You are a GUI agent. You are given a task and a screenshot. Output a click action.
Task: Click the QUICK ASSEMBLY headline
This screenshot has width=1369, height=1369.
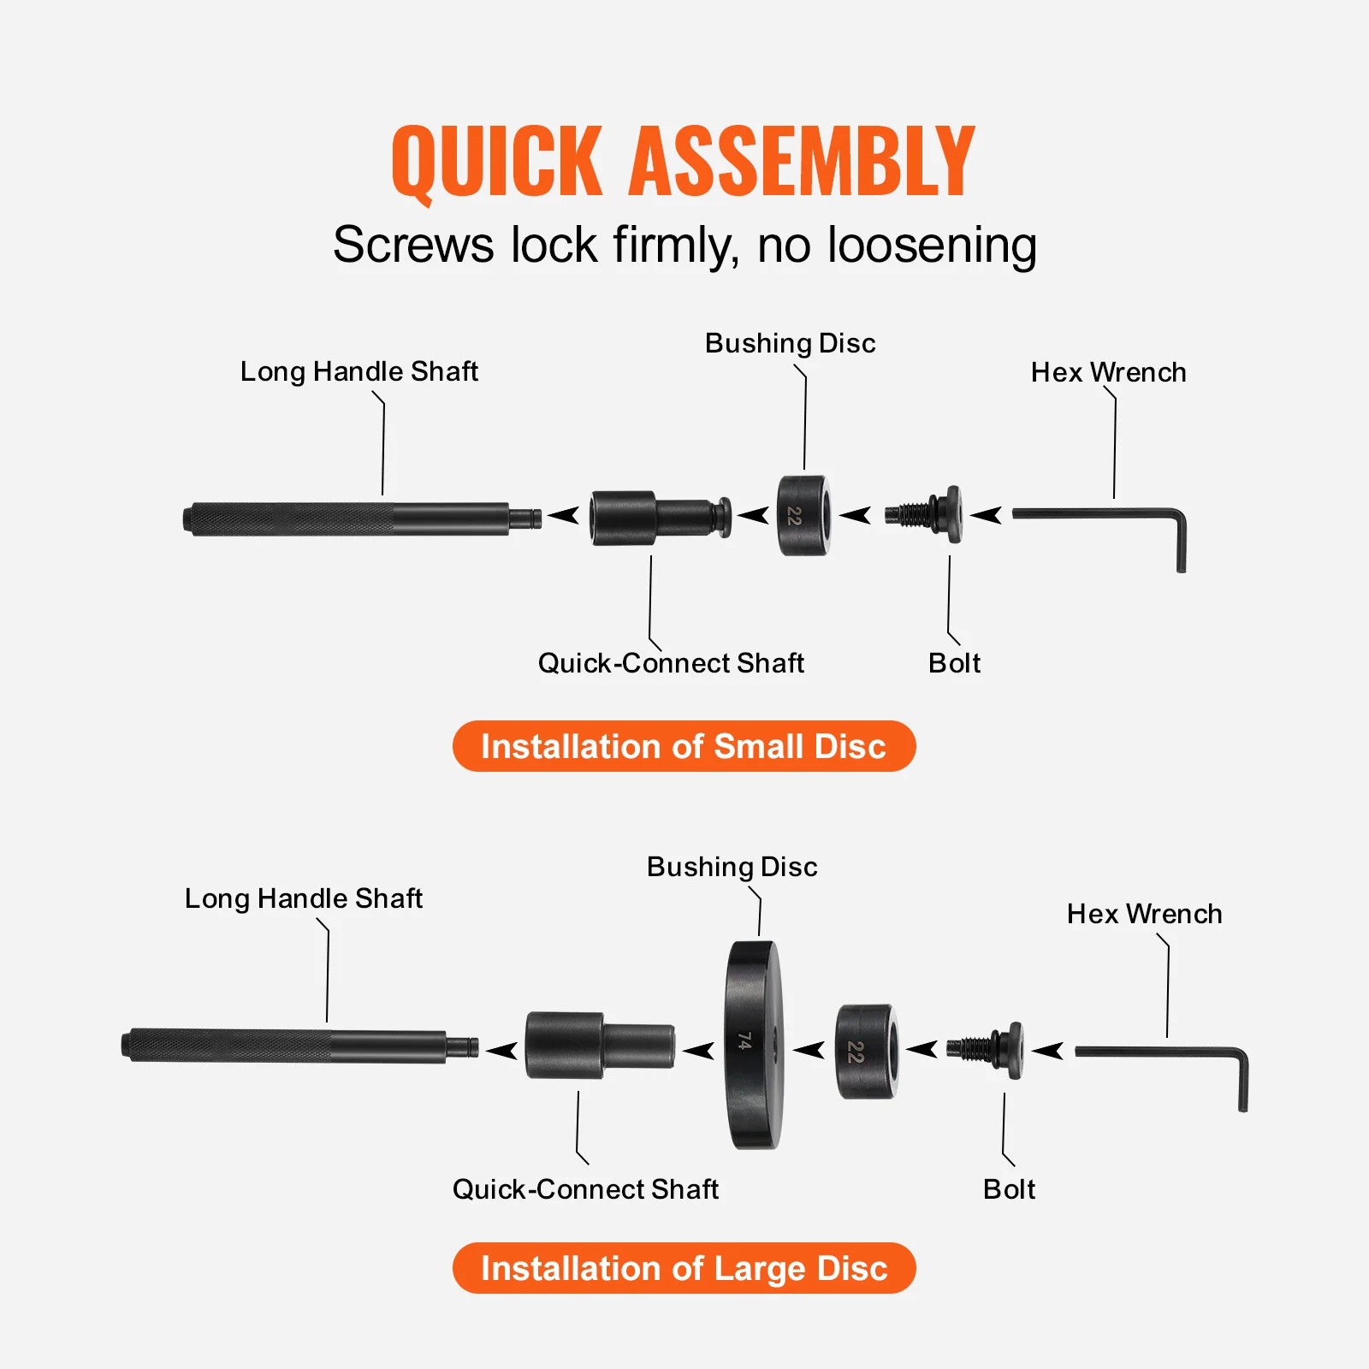pyautogui.click(x=683, y=161)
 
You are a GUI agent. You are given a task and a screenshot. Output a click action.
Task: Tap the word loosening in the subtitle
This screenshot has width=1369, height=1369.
pyautogui.click(x=932, y=246)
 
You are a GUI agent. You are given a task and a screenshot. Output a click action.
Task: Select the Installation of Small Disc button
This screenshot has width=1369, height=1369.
pyautogui.click(x=684, y=746)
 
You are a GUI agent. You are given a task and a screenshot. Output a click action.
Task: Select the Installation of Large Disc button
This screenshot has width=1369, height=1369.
pyautogui.click(x=684, y=1268)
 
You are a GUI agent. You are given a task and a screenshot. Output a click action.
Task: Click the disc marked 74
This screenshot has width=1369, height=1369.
pyautogui.click(x=753, y=1045)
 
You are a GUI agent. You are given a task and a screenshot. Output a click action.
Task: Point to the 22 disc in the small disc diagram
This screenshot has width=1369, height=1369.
pyautogui.click(x=803, y=516)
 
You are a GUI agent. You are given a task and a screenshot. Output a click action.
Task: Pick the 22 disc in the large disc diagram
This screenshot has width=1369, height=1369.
pyautogui.click(x=865, y=1052)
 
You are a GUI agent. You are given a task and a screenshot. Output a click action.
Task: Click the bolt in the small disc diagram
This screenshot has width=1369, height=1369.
pyautogui.click(x=928, y=514)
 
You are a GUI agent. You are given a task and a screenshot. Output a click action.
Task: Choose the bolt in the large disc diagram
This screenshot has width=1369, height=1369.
pyautogui.click(x=988, y=1047)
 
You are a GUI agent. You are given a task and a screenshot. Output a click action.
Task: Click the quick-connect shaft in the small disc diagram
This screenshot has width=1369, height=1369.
pyautogui.click(x=655, y=518)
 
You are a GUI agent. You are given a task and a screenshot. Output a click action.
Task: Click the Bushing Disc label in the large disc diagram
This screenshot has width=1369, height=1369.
pyautogui.click(x=732, y=867)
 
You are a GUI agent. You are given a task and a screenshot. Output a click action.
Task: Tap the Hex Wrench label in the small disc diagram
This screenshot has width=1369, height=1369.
pyautogui.click(x=1108, y=372)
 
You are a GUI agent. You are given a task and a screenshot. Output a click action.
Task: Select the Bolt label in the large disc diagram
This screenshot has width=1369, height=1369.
pyautogui.click(x=1009, y=1189)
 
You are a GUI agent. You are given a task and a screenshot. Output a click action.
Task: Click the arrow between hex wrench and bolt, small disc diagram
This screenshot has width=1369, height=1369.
pyautogui.click(x=987, y=515)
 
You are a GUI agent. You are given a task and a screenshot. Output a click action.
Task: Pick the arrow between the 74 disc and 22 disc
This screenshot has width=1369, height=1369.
pyautogui.click(x=809, y=1050)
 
